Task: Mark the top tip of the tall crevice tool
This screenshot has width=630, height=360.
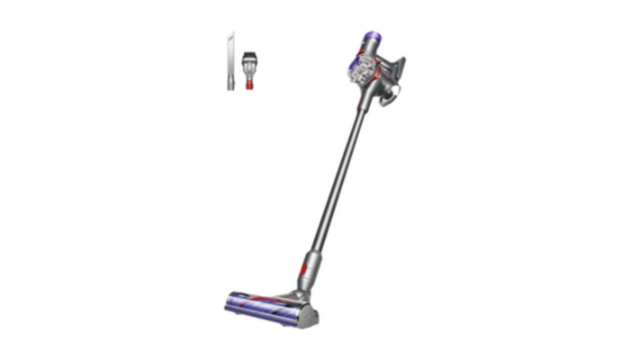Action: click(233, 31)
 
